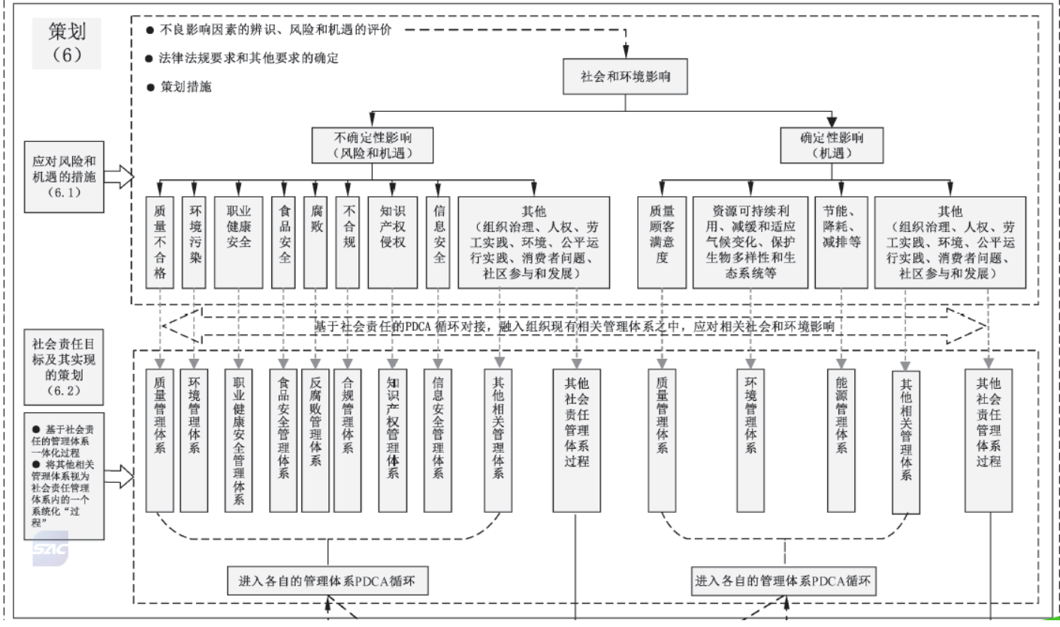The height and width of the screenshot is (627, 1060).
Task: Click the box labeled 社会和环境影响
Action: (625, 77)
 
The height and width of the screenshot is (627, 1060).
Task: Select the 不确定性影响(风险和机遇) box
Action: (373, 145)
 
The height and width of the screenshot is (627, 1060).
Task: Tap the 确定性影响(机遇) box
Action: (832, 145)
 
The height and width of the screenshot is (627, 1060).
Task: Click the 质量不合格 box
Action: (160, 242)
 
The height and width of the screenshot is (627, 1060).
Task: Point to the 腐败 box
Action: (316, 242)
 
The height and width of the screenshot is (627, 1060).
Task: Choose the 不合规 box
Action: (348, 242)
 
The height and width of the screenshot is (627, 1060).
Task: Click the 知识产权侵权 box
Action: (392, 242)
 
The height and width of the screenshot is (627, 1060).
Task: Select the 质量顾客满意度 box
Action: (661, 242)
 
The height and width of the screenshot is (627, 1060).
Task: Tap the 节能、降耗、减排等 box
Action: (841, 242)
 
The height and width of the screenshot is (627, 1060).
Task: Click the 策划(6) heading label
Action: (66, 43)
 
